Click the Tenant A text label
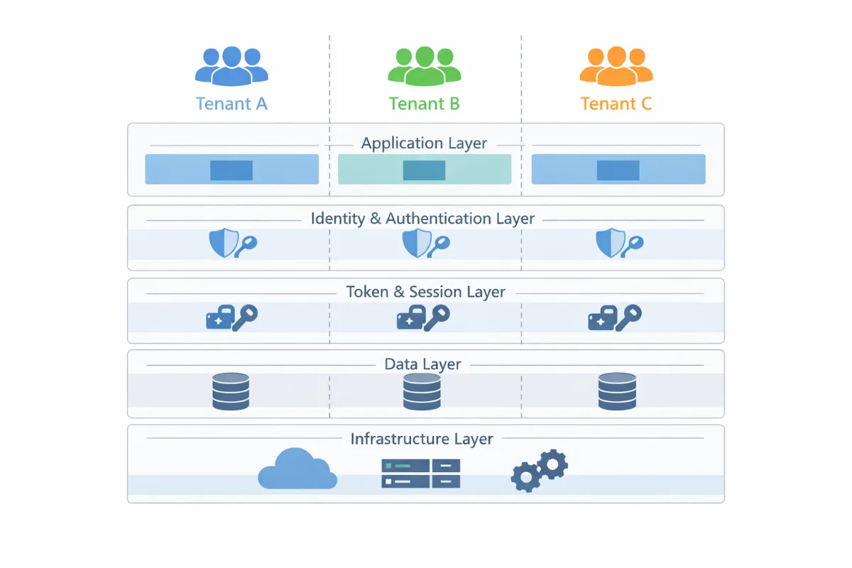(231, 104)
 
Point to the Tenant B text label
(424, 104)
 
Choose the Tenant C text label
(616, 104)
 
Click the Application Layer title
(424, 143)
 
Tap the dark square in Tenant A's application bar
(231, 170)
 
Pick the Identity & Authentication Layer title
(422, 218)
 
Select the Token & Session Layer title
(425, 292)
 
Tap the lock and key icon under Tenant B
(422, 317)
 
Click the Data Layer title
(422, 364)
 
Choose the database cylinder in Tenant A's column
(231, 391)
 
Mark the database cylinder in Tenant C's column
(616, 391)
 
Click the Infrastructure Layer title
(422, 439)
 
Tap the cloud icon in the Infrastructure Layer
(297, 469)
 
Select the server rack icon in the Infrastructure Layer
(421, 473)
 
